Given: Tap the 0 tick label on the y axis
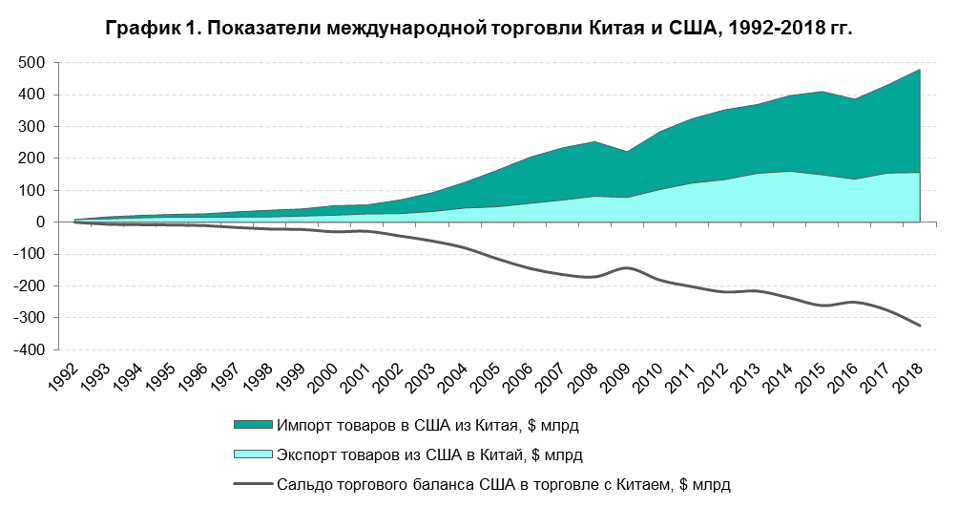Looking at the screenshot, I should coord(42,222).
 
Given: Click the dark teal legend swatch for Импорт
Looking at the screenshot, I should coord(252,424).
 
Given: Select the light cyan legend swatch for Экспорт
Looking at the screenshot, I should coord(252,454).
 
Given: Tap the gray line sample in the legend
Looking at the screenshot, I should coord(252,485).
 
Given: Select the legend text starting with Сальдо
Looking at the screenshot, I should coord(503,485).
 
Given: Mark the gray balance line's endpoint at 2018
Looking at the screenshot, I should coord(920,326).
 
